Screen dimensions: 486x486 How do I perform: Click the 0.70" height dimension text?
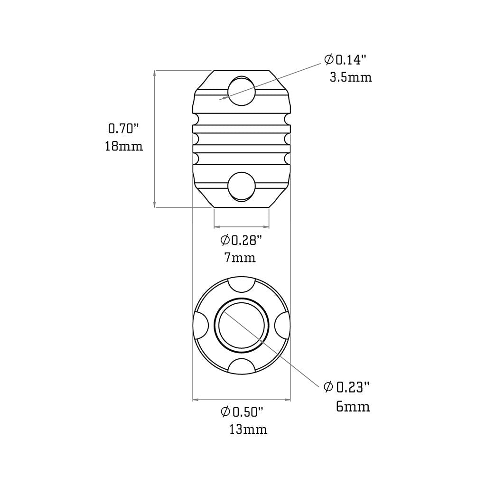[123, 128]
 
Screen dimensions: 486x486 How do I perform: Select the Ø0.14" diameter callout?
[346, 60]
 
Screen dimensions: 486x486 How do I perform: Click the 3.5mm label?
[351, 77]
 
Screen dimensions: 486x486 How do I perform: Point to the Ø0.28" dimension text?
[242, 240]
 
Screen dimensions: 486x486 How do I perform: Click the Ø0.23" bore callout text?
[346, 388]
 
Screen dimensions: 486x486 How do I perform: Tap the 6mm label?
[353, 406]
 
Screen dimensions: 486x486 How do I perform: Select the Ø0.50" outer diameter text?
[242, 411]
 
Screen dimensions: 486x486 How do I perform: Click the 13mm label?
[248, 430]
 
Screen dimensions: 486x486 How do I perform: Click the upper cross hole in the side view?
[241, 90]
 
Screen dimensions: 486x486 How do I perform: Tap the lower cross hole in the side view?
[241, 187]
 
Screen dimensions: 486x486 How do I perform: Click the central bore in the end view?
[243, 326]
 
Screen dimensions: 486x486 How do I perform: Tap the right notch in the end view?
[284, 326]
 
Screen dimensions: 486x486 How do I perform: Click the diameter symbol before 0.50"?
[225, 411]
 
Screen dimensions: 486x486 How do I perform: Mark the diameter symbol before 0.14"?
[328, 60]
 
